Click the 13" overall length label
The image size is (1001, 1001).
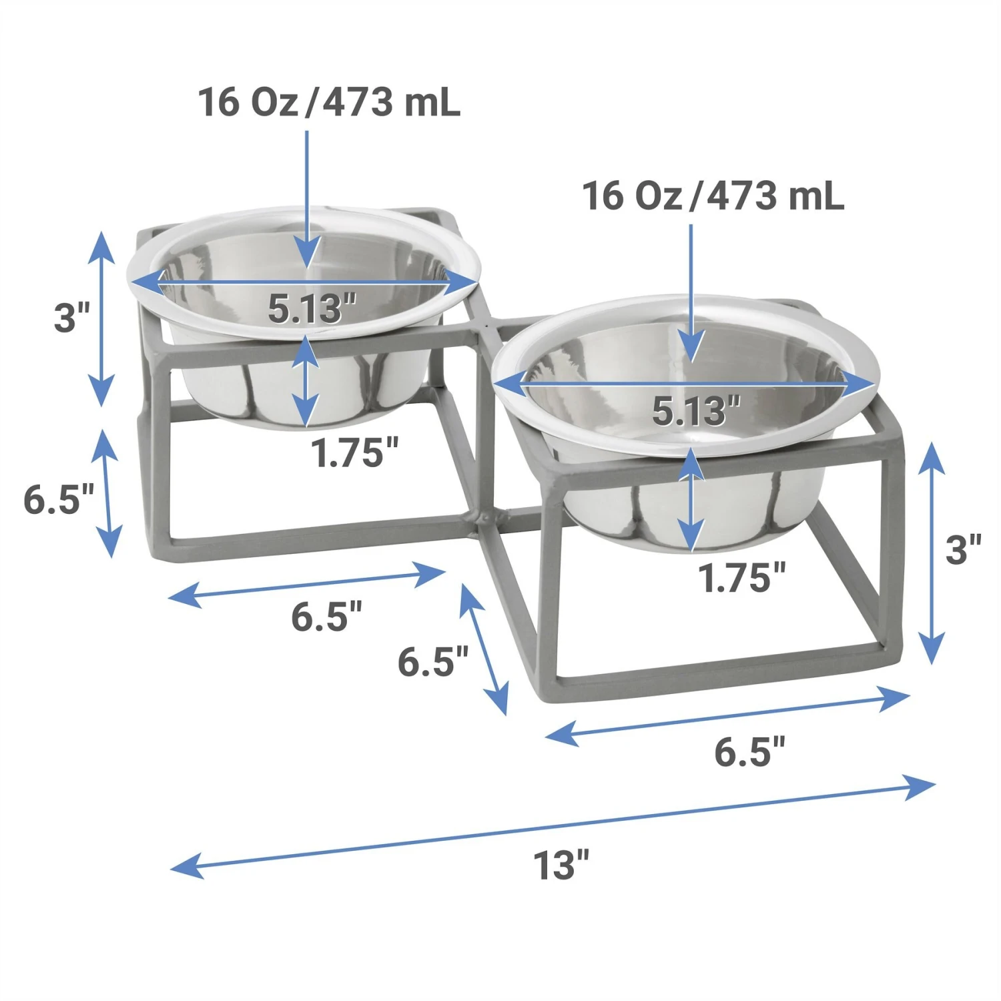point(561,866)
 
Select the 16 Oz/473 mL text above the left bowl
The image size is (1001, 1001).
point(328,103)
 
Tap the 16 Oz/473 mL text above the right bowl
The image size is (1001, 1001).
point(713,196)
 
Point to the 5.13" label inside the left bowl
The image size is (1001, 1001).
point(312,309)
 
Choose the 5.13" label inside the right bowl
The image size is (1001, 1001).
point(696,411)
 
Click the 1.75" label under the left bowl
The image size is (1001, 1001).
point(354,453)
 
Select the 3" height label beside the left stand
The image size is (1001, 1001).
point(71,318)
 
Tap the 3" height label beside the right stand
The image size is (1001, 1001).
point(963,550)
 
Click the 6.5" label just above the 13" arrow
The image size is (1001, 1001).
point(749,752)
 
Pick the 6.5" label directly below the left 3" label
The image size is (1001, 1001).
point(59,499)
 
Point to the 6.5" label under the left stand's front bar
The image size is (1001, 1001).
point(326,616)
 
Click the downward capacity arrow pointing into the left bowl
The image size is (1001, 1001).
point(307,200)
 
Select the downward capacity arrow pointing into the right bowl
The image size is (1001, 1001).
point(691,294)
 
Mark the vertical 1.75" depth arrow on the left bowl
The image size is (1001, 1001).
point(305,380)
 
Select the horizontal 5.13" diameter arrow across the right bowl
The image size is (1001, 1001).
point(684,385)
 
